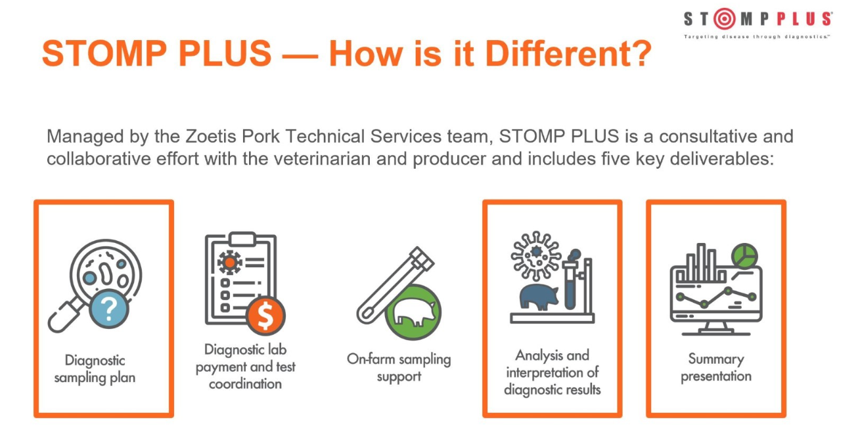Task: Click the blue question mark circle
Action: point(108,308)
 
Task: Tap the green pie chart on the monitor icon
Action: point(744,255)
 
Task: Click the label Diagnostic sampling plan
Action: point(95,369)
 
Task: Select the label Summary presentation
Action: point(716,368)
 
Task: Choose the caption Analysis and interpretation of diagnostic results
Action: point(553,372)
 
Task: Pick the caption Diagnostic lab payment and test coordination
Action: point(245,367)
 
